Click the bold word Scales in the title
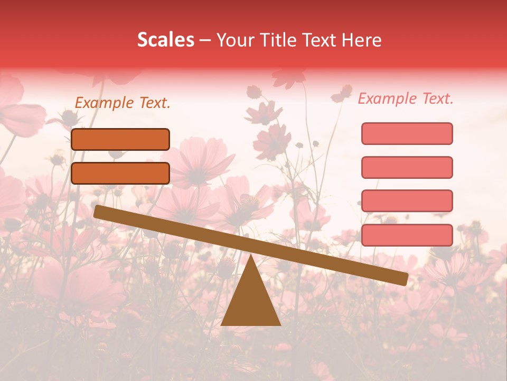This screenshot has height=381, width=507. click(165, 40)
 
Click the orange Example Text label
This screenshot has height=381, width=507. click(123, 103)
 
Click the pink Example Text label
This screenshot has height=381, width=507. click(406, 98)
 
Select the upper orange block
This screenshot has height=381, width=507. click(120, 139)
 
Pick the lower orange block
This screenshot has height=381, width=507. click(120, 173)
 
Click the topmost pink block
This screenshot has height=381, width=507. click(407, 133)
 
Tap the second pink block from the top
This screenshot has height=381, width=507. click(407, 167)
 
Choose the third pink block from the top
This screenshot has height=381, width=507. click(407, 201)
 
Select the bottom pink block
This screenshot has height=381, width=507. click(407, 235)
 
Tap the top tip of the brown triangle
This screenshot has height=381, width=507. click(251, 256)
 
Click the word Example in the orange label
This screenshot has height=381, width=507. click(105, 103)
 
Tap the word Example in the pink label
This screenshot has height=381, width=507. click(388, 98)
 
